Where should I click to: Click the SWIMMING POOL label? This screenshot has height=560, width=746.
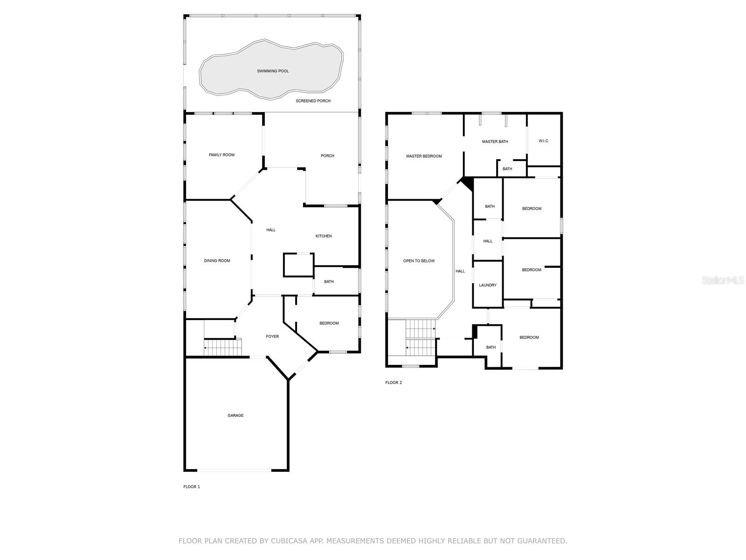[x=273, y=71]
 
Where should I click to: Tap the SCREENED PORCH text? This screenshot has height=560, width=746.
[x=313, y=101]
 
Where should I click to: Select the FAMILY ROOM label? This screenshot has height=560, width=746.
[x=221, y=155]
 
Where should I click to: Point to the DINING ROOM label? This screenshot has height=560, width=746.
[x=217, y=261]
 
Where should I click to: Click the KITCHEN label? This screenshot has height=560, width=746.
[x=324, y=236]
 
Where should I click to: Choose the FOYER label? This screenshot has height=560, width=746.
[x=272, y=336]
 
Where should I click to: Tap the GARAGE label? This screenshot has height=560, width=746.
[x=235, y=415]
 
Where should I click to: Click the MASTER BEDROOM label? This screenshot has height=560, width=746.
[x=424, y=156]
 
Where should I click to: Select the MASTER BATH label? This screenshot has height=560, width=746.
[x=495, y=142]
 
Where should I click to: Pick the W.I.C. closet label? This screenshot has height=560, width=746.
[x=544, y=141]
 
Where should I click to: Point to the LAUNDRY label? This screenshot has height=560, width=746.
[x=488, y=285]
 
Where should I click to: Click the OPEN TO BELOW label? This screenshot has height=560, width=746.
[x=419, y=261]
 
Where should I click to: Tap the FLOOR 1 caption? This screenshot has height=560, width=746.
[x=192, y=487]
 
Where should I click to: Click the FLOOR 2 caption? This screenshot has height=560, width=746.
[x=394, y=383]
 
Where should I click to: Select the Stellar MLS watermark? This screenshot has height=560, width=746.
[x=723, y=280]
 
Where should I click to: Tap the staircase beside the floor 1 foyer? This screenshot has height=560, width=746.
[x=222, y=348]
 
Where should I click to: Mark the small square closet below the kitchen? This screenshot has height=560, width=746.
[x=298, y=265]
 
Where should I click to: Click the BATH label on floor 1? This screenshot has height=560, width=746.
[x=329, y=282]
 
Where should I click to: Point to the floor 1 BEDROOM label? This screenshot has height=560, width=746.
[x=329, y=323]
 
